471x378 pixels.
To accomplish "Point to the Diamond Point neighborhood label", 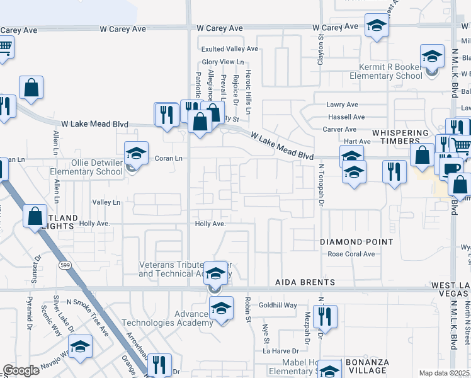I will click(356, 242).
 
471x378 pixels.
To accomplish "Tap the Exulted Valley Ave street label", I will click(230, 49).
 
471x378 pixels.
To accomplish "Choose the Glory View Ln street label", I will click(222, 62).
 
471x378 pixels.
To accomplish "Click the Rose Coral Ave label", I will click(351, 255).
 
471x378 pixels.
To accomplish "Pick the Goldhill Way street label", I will click(278, 306).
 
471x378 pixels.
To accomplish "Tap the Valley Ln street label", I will click(106, 202).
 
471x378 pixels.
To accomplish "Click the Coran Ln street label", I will click(169, 158).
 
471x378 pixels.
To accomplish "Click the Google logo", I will click(21, 370).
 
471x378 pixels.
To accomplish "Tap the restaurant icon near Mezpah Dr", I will click(325, 316).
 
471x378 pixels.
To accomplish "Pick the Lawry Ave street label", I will click(342, 105).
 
